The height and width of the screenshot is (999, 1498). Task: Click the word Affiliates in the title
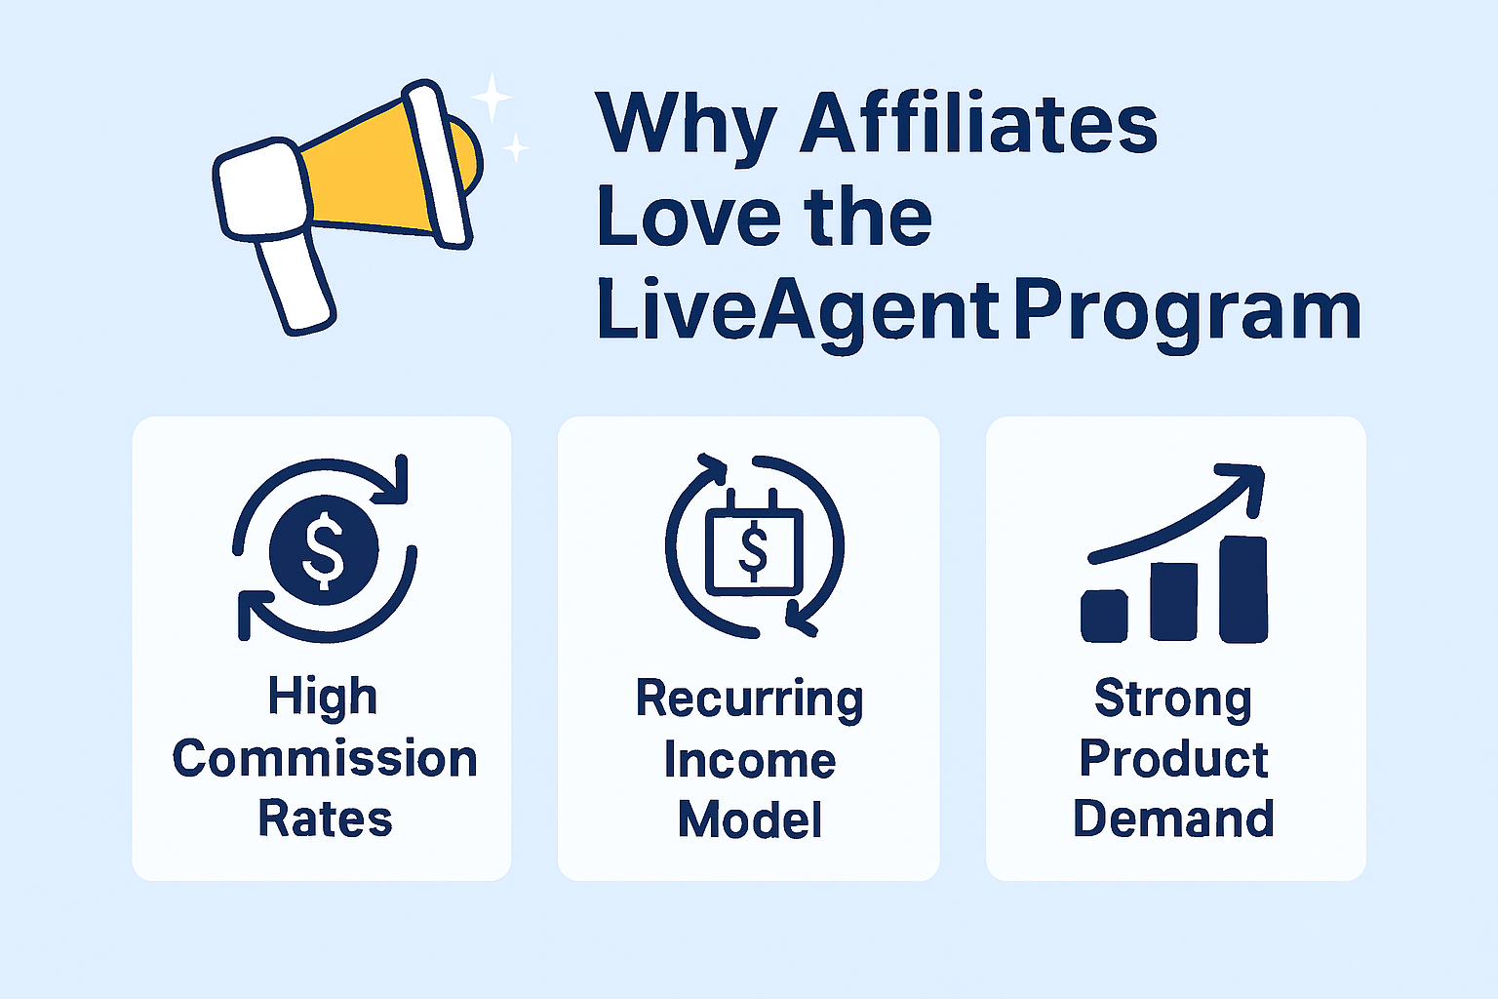[978, 124]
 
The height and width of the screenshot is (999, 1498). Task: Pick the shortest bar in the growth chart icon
[1104, 616]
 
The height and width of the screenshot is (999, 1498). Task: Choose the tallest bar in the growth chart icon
[1243, 589]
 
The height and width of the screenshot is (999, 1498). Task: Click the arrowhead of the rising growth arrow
[1245, 484]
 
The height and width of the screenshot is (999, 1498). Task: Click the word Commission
[325, 759]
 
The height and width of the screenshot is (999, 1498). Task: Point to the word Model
[749, 819]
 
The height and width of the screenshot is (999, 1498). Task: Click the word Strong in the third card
[1173, 699]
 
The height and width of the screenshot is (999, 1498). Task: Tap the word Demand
[1173, 819]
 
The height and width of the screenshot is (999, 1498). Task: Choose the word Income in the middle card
[749, 760]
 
